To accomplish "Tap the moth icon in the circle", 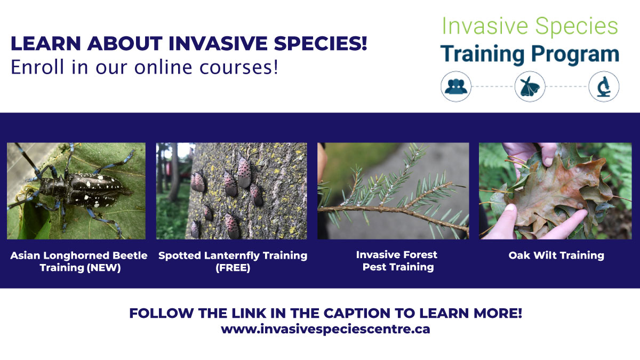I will [530, 86].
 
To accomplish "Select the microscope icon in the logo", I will [604, 86].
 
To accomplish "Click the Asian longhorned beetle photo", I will [76, 190].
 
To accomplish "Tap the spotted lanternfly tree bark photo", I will [231, 190].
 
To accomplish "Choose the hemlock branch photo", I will [393, 190].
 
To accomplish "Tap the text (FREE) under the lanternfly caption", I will [233, 268].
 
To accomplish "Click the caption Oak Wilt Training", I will [556, 255].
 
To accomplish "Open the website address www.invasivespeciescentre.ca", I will [325, 329].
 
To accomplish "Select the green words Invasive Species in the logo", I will [530, 26].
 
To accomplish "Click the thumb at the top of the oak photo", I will [547, 153].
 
